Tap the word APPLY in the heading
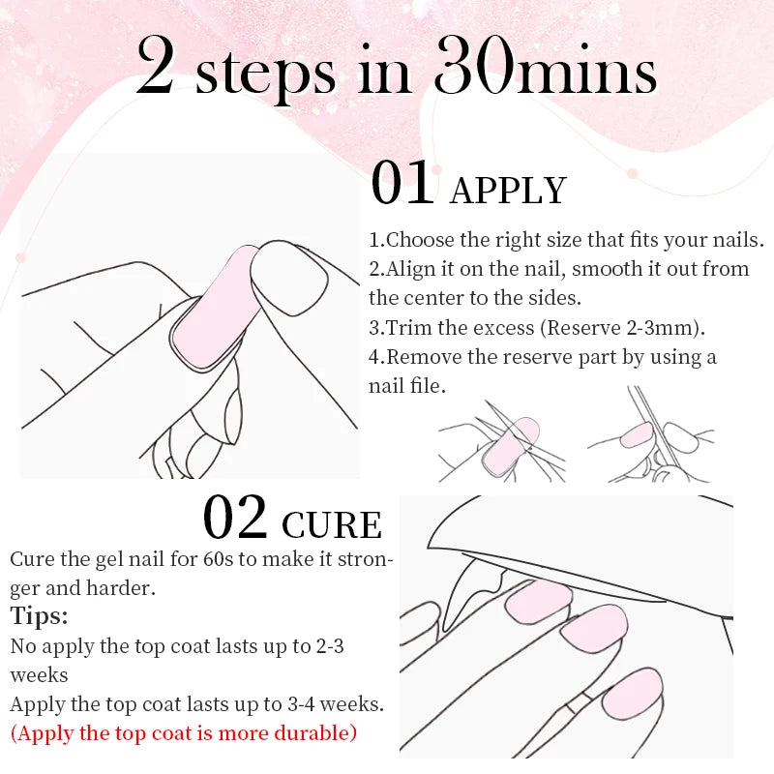508,191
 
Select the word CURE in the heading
332,524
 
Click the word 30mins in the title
546,69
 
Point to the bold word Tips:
40,616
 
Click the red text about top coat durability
184,732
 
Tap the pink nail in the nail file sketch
636,434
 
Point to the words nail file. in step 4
406,386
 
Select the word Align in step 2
410,269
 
